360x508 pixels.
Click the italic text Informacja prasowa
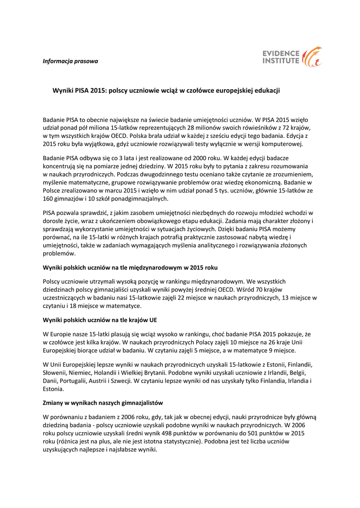pos(70,62)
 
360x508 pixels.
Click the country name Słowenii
pos(56,373)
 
